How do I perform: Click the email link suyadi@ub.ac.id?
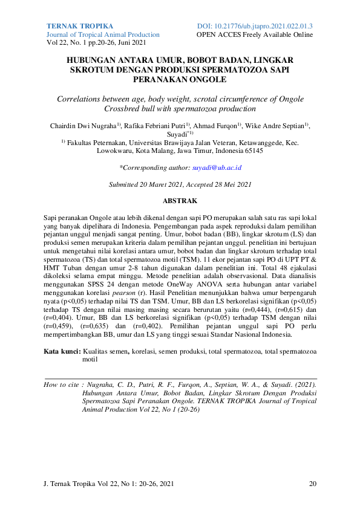click(217, 167)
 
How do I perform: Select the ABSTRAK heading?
click(180, 199)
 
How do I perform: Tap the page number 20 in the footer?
click(312, 484)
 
